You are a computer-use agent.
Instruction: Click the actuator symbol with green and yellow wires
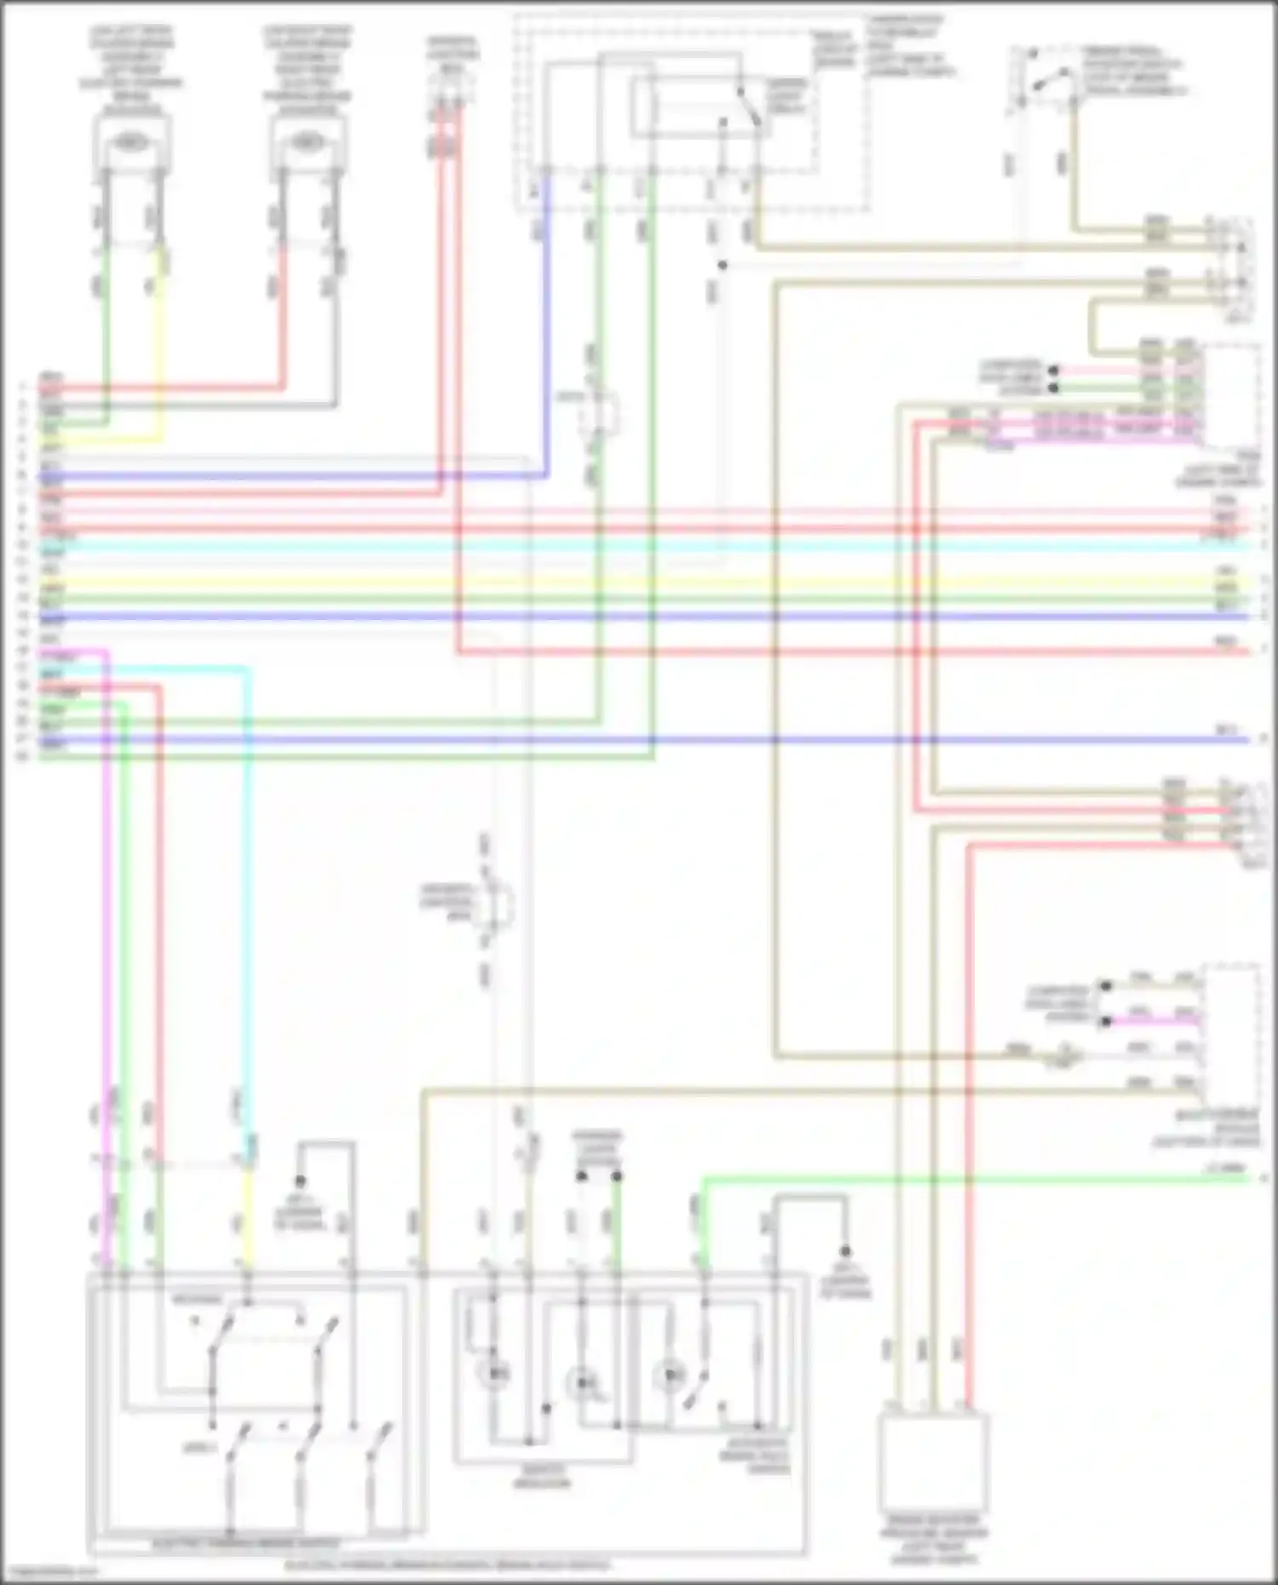(x=131, y=143)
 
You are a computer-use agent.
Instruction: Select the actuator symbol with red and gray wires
(x=307, y=143)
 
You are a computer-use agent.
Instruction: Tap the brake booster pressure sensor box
(x=934, y=1462)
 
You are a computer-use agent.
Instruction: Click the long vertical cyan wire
(x=249, y=894)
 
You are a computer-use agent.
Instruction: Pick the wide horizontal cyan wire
(x=639, y=545)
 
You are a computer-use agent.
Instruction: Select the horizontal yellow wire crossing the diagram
(x=639, y=581)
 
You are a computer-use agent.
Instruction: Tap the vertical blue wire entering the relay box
(x=546, y=324)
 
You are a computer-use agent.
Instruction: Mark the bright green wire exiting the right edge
(x=980, y=1180)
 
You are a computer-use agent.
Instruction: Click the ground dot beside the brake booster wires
(x=845, y=1251)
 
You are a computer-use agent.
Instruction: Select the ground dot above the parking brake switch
(x=300, y=1181)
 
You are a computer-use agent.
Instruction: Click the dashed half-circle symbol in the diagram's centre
(x=498, y=904)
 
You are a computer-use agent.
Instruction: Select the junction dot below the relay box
(x=722, y=266)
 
